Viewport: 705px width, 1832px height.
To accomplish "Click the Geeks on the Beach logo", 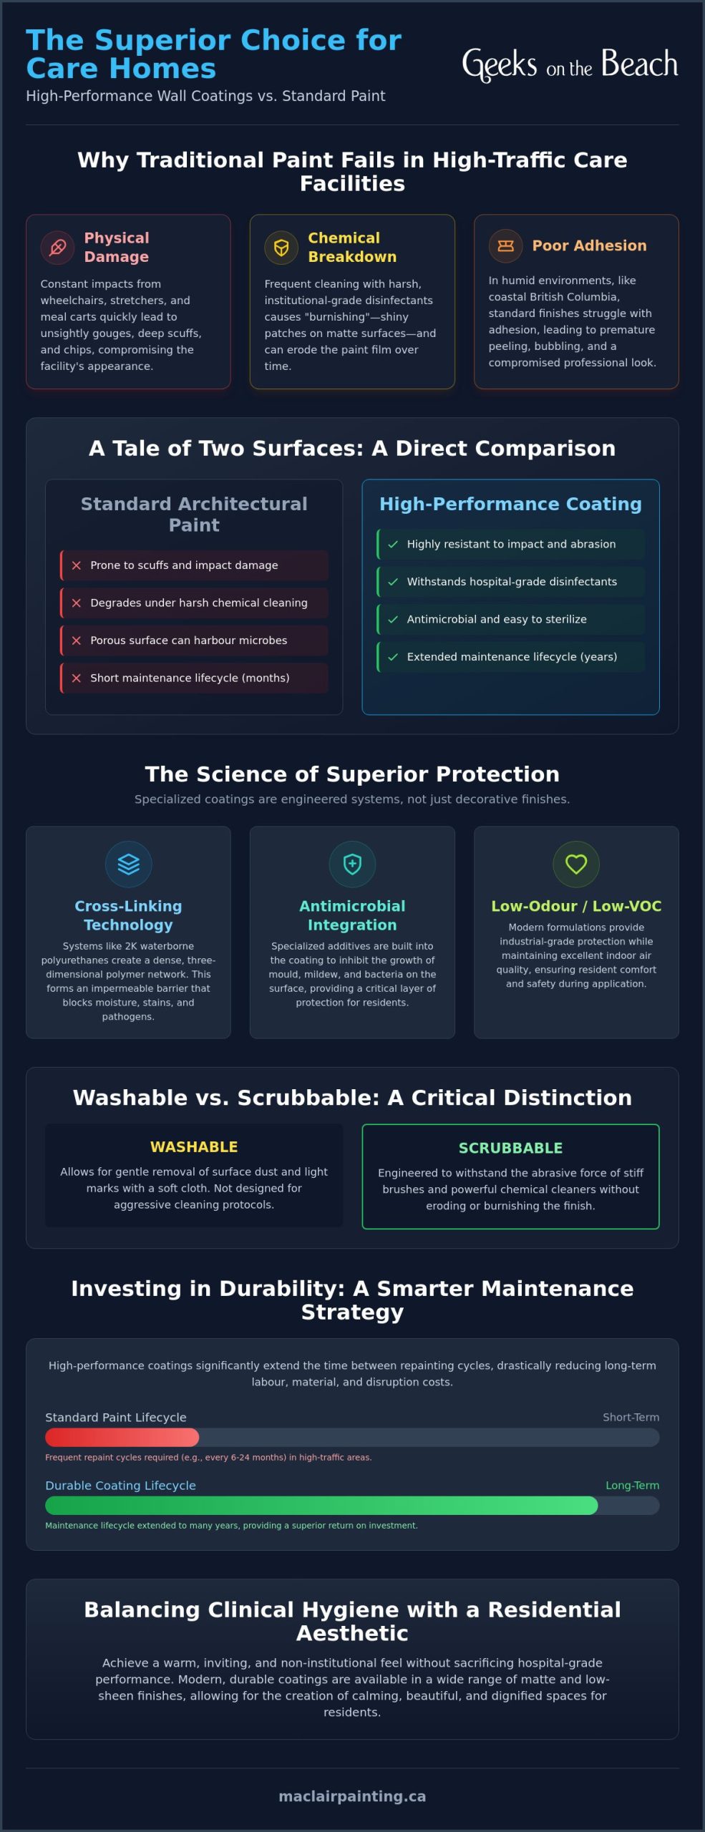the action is pyautogui.click(x=570, y=64).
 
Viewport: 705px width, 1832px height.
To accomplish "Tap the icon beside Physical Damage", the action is pyautogui.click(x=57, y=248).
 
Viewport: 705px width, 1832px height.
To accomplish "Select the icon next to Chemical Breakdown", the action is pyautogui.click(x=281, y=248).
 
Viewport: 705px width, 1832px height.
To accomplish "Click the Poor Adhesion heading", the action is pyautogui.click(x=589, y=245).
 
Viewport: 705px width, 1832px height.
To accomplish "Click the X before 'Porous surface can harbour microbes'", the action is pyautogui.click(x=77, y=640).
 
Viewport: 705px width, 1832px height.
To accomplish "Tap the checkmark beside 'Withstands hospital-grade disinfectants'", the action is pyautogui.click(x=393, y=582).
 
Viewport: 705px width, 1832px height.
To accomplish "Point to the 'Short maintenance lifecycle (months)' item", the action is pyautogui.click(x=194, y=678).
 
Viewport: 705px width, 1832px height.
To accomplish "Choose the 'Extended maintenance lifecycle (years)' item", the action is pyautogui.click(x=510, y=657).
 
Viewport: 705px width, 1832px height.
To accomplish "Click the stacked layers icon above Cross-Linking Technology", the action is pyautogui.click(x=128, y=864).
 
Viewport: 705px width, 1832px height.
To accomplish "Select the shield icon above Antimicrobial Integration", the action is pyautogui.click(x=352, y=864).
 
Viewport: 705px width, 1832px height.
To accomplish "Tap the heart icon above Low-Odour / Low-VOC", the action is pyautogui.click(x=576, y=864).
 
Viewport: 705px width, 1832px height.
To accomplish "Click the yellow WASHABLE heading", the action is pyautogui.click(x=194, y=1146).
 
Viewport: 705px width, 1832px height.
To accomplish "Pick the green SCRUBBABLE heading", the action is pyautogui.click(x=510, y=1148).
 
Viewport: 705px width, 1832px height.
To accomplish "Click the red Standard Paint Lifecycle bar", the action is pyautogui.click(x=122, y=1437).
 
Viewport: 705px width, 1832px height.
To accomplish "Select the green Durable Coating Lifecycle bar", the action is pyautogui.click(x=321, y=1505).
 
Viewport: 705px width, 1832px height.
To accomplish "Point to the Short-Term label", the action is pyautogui.click(x=631, y=1417).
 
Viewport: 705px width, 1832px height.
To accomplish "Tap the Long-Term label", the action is pyautogui.click(x=632, y=1485).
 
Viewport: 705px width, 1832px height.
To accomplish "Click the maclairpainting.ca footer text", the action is pyautogui.click(x=352, y=1796).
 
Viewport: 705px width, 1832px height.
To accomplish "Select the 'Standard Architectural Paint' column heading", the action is pyautogui.click(x=194, y=514).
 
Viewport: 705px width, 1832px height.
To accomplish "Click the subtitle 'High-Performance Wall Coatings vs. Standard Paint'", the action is pyautogui.click(x=205, y=96).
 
